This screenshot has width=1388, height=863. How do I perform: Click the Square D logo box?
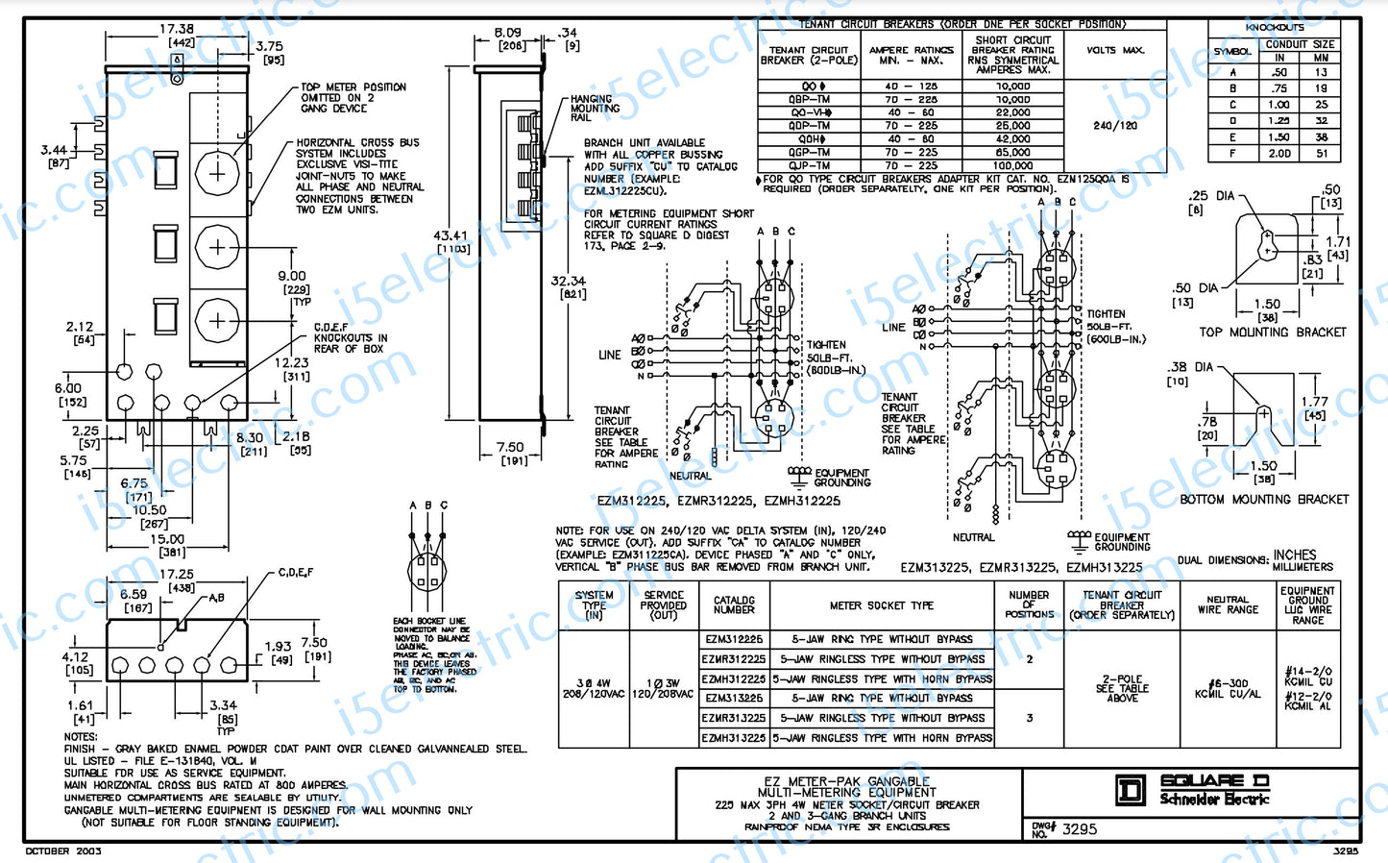point(1131,790)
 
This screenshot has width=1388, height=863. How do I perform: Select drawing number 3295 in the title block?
point(1079,829)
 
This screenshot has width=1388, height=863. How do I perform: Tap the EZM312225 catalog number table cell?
point(734,639)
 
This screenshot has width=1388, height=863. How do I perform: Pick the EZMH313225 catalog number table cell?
point(734,738)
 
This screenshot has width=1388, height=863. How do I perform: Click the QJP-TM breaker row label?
point(809,165)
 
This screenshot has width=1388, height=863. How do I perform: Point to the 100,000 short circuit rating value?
point(1012,165)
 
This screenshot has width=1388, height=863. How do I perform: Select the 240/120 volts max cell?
point(1114,126)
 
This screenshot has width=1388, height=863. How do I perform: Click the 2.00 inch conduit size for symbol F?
point(1279,153)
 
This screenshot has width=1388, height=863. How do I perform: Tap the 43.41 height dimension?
point(450,235)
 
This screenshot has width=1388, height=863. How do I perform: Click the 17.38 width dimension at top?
point(176,30)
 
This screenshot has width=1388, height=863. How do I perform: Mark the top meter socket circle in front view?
point(217,173)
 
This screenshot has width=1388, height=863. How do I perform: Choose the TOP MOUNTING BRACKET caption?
point(1272,333)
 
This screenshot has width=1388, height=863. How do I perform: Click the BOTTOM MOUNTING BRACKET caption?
point(1264,500)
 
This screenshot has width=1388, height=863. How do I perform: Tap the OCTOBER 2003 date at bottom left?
point(63,851)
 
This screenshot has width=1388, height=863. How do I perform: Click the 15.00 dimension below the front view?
point(166,539)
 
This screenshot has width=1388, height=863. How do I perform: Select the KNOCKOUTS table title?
point(1275,28)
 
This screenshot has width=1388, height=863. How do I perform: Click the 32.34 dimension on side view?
point(568,282)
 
